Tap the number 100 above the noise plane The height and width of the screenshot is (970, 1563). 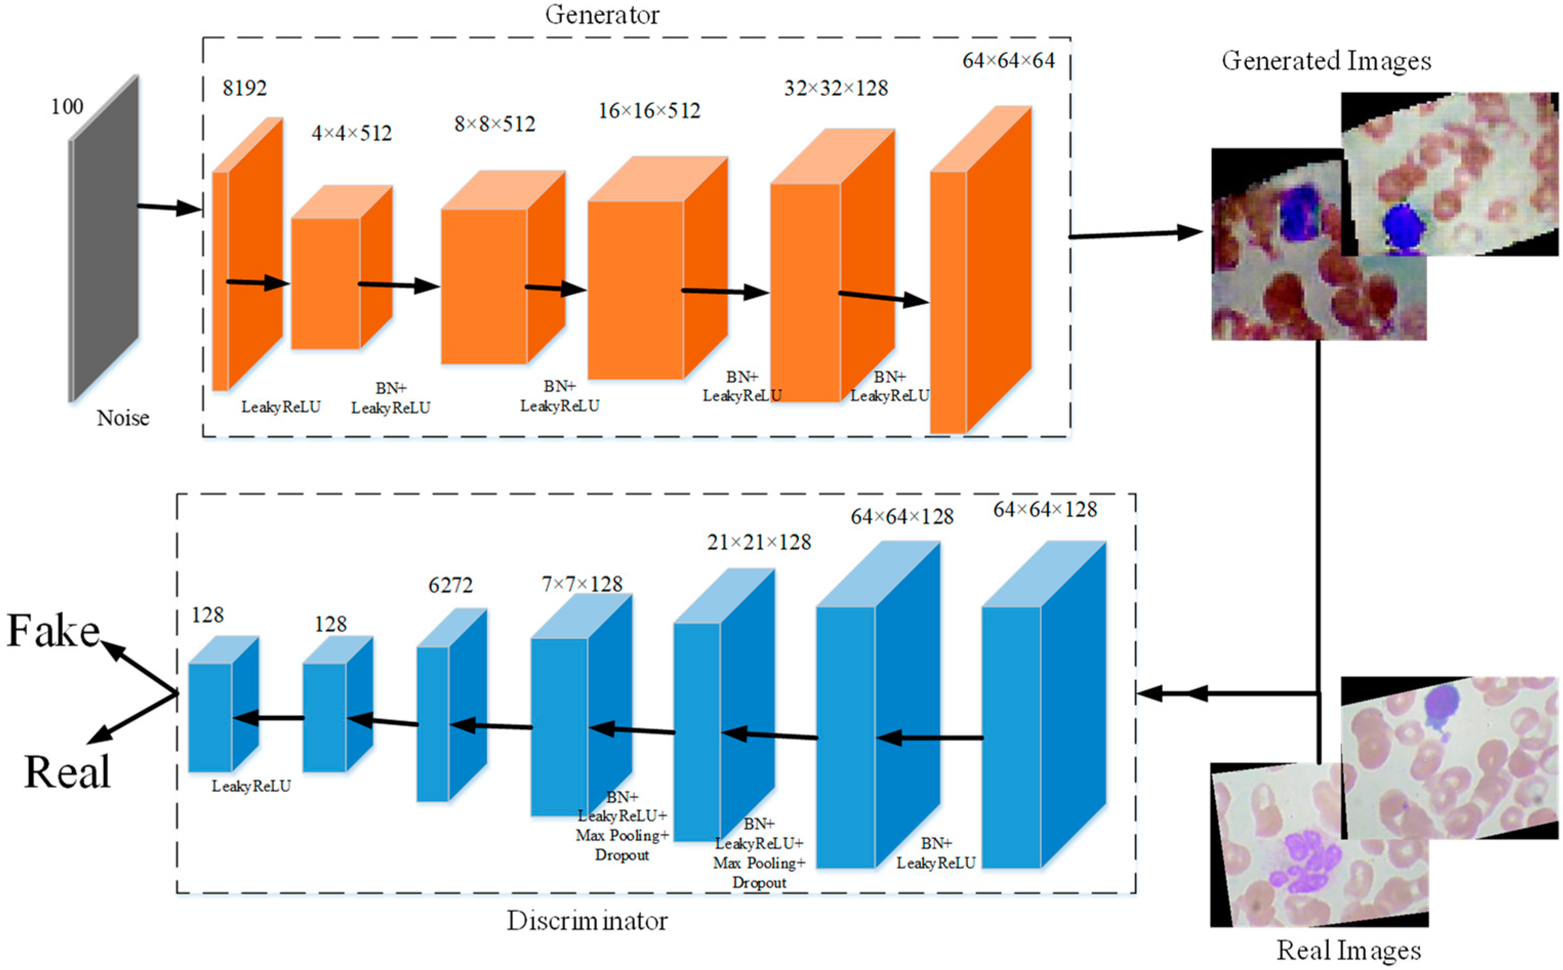pyautogui.click(x=67, y=107)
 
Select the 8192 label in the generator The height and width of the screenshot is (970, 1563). pyautogui.click(x=244, y=88)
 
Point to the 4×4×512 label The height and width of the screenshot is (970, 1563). pyautogui.click(x=352, y=133)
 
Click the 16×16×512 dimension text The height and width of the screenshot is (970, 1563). pyautogui.click(x=649, y=111)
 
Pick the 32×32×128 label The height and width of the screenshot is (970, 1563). pyautogui.click(x=836, y=88)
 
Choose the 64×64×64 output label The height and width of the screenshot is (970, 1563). pyautogui.click(x=1009, y=61)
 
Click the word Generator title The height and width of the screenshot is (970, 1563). pyautogui.click(x=602, y=15)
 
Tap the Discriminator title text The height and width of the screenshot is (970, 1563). pyautogui.click(x=587, y=921)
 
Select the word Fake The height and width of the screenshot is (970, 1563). pyautogui.click(x=53, y=631)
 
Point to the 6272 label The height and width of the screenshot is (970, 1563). pyautogui.click(x=450, y=585)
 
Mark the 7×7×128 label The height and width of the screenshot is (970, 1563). pyautogui.click(x=582, y=584)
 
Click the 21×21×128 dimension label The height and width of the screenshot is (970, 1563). pyautogui.click(x=759, y=543)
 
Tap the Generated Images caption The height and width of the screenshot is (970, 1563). pyautogui.click(x=1326, y=61)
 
